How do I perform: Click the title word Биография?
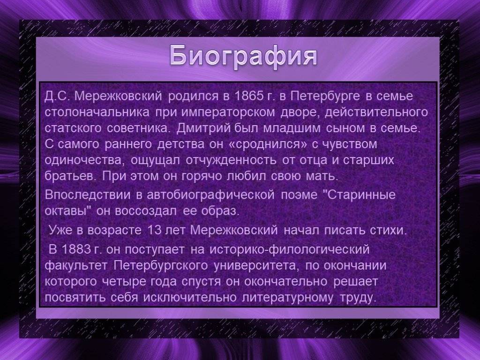tap(243, 56)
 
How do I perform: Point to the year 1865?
tap(249, 96)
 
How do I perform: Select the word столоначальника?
tap(97, 112)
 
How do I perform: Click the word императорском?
tap(228, 113)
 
